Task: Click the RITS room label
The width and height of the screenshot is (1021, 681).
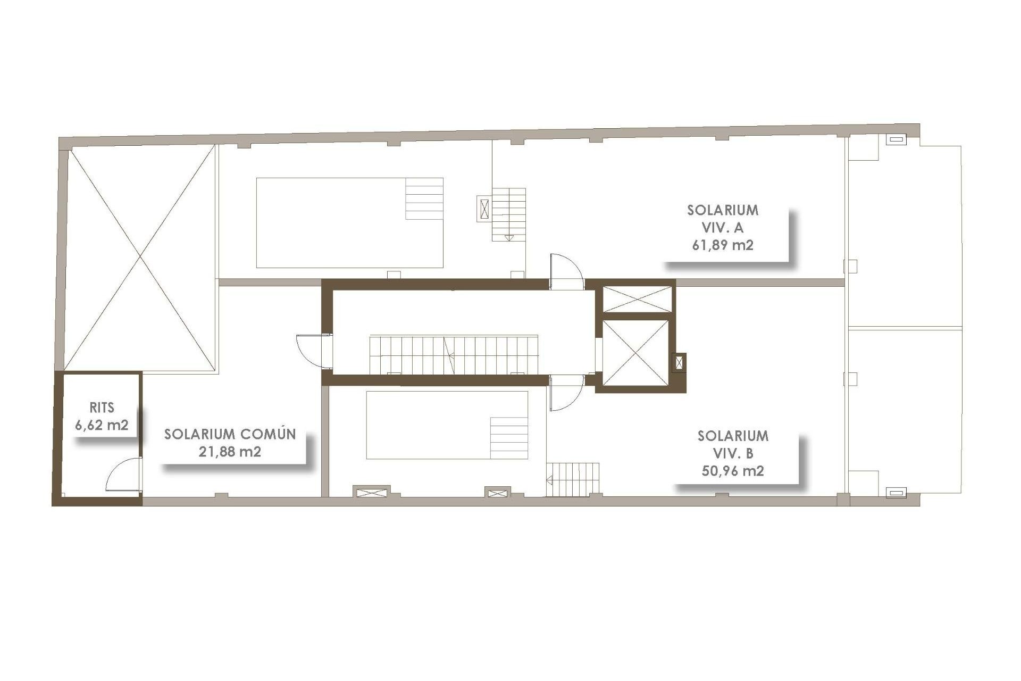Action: click(x=102, y=408)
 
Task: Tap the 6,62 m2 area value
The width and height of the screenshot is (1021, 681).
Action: click(x=102, y=425)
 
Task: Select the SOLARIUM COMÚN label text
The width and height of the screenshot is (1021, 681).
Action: click(x=230, y=434)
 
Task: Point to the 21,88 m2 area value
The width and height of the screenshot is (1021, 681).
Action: click(x=230, y=452)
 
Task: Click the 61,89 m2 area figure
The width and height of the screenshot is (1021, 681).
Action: click(x=723, y=245)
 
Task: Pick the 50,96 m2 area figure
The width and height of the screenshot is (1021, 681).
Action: click(x=733, y=471)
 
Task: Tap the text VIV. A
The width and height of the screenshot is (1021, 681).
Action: click(x=723, y=228)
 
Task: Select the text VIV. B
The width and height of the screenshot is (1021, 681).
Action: click(x=733, y=453)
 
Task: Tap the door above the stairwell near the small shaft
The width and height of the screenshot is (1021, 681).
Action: click(x=566, y=271)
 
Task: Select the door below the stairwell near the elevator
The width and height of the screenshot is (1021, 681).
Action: click(x=566, y=393)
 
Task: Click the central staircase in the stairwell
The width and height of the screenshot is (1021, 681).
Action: click(x=454, y=354)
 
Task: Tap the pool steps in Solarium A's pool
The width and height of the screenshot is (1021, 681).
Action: click(x=424, y=198)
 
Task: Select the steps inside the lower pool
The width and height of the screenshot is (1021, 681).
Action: click(x=509, y=437)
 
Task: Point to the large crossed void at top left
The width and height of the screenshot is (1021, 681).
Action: click(x=140, y=258)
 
